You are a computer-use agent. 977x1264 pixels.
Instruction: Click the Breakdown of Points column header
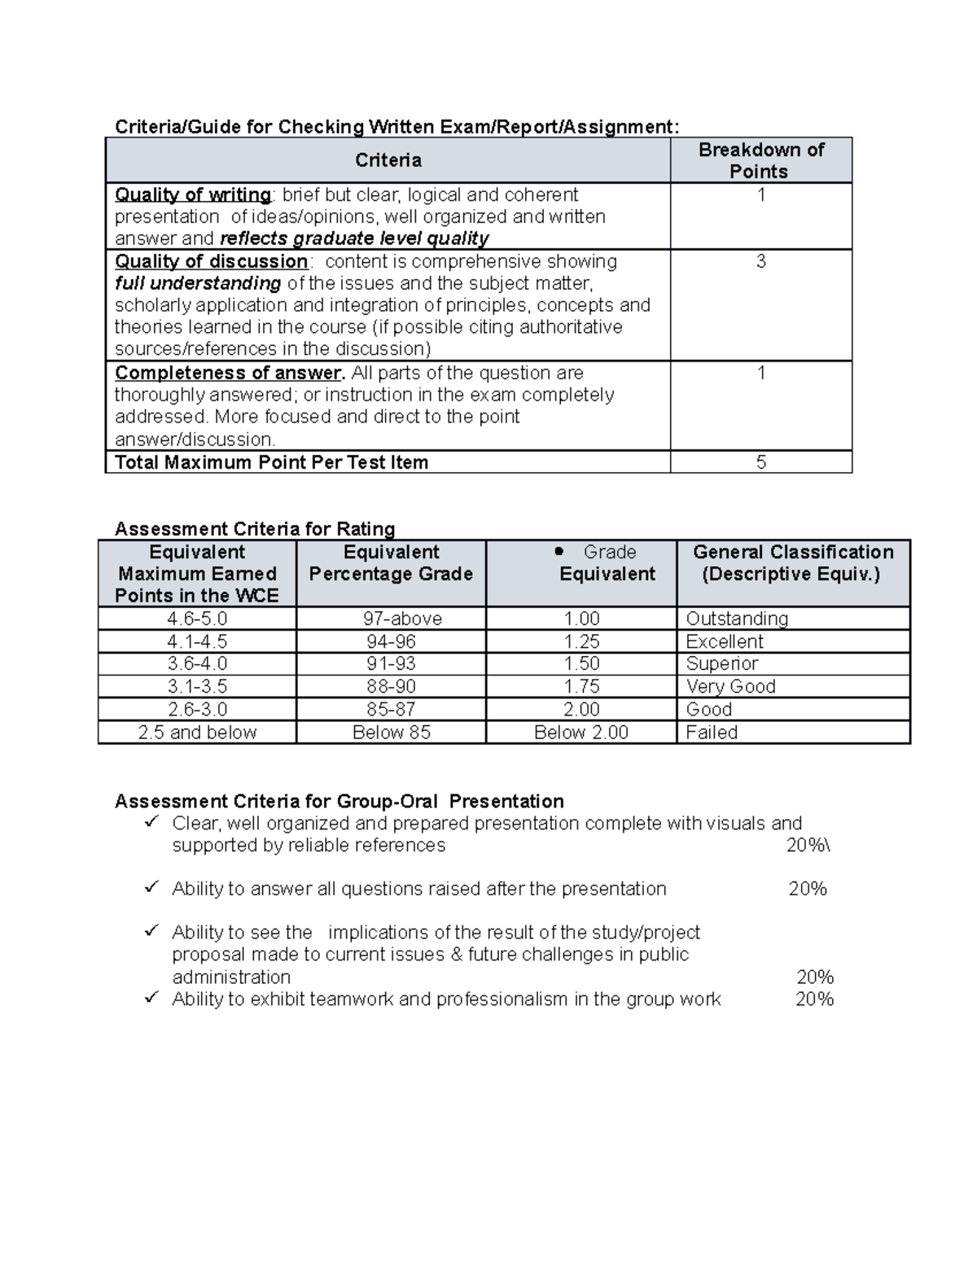[760, 160]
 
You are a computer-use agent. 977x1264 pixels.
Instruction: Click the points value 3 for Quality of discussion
[760, 262]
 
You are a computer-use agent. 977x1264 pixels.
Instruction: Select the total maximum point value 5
[760, 462]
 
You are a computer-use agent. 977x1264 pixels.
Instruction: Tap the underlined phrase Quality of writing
[193, 195]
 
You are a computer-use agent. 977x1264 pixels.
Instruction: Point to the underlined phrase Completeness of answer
[229, 374]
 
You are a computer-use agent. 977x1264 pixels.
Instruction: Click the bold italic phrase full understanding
[198, 284]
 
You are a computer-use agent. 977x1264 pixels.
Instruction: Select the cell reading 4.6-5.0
[197, 619]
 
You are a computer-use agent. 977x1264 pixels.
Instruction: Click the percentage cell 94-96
[391, 641]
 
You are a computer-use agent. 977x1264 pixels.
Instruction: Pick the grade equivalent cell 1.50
[581, 664]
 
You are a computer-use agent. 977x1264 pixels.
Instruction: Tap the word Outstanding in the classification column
[737, 619]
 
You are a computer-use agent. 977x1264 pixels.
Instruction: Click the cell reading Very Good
[730, 687]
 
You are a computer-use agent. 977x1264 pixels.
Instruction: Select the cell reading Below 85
[391, 733]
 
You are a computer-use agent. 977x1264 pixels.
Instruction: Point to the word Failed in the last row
[712, 733]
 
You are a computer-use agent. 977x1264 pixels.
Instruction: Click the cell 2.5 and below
[197, 733]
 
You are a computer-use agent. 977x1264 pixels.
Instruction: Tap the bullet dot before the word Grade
[559, 552]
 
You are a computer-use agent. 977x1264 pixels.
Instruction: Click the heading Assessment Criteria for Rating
[255, 529]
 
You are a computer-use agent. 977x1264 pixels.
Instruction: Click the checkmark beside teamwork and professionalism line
[151, 998]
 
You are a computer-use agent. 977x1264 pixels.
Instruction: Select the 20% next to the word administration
[814, 977]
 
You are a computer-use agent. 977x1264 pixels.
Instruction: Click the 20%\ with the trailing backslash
[808, 845]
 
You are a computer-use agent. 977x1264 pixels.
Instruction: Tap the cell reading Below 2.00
[581, 733]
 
